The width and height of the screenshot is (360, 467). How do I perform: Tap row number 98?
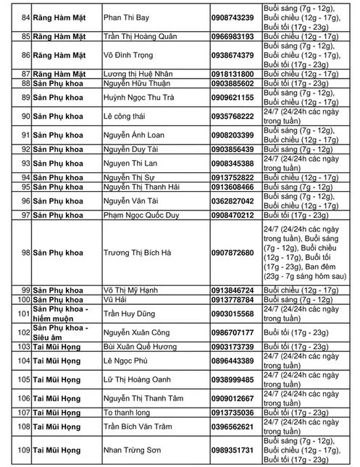click(x=25, y=252)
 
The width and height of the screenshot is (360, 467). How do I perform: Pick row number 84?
click(x=25, y=17)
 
